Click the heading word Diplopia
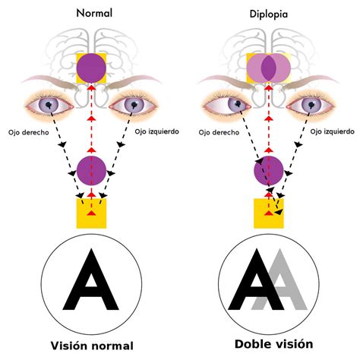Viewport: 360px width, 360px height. tap(269, 14)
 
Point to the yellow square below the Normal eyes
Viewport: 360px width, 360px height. tap(91, 213)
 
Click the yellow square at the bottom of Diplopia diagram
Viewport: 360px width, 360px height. tap(268, 213)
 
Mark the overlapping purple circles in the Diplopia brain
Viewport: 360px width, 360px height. tap(268, 67)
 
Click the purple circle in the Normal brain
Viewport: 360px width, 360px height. tap(91, 67)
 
